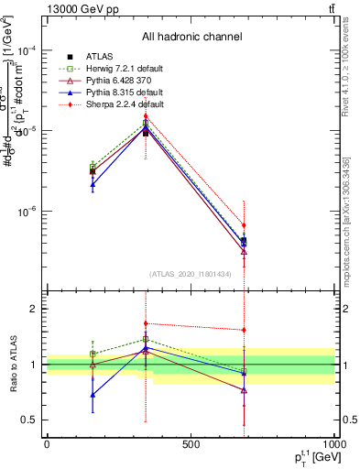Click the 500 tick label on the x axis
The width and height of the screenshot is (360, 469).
[x=191, y=444]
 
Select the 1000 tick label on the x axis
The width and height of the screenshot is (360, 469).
[x=332, y=444]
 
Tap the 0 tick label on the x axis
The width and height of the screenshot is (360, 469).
[x=47, y=444]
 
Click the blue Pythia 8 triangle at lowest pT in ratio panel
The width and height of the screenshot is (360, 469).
[x=93, y=395]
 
